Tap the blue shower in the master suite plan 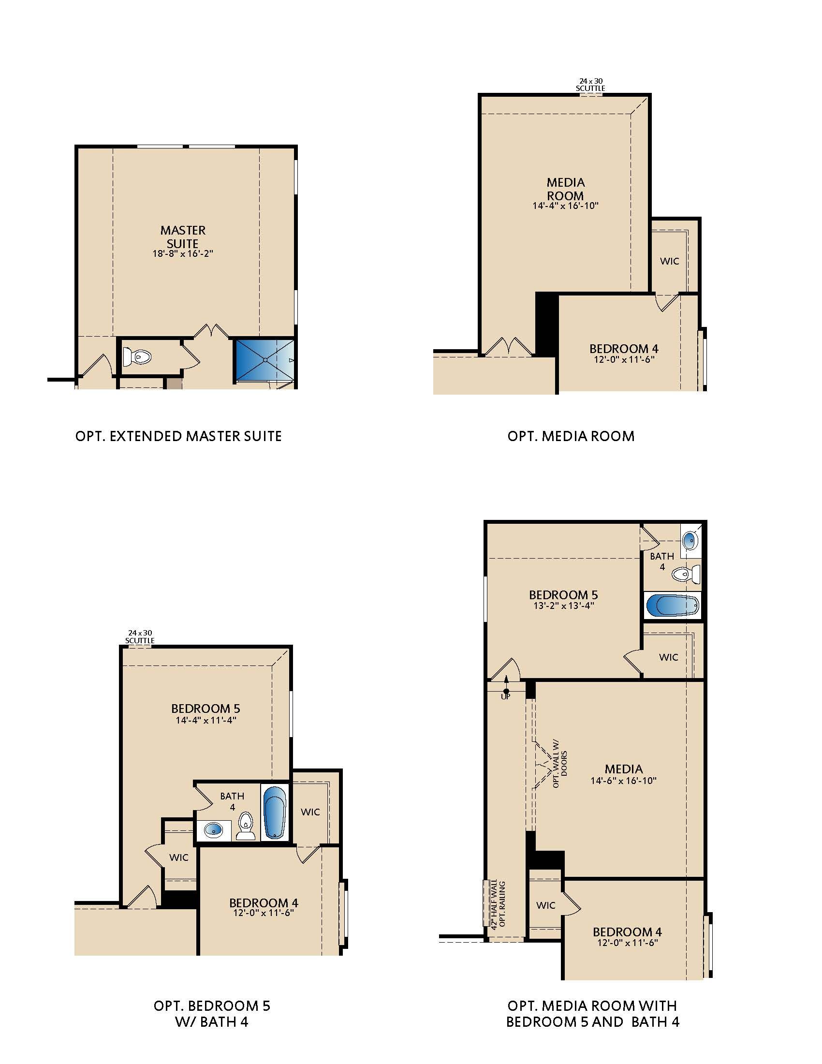coord(265,360)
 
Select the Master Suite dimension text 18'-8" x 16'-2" coord(183,254)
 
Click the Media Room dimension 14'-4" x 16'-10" coord(565,206)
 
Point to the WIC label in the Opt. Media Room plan coord(670,261)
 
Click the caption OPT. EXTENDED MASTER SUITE coord(179,436)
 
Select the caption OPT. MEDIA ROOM coord(571,436)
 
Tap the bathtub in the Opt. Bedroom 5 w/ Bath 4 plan coord(275,812)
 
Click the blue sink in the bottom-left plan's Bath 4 coord(213,829)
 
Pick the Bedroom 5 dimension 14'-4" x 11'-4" coord(206,720)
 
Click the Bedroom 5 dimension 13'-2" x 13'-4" coord(564,606)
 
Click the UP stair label coord(505,696)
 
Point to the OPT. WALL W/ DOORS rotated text coord(560,764)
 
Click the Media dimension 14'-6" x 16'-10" coord(624,781)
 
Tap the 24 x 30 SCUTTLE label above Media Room coord(591,85)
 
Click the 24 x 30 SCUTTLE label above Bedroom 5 coord(140,637)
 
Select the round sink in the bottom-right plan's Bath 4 coord(690,540)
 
